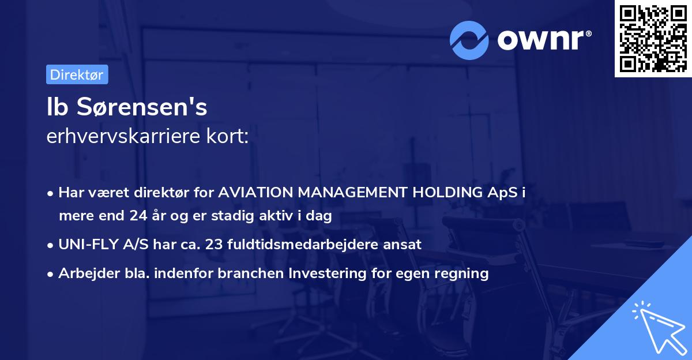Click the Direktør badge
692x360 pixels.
point(77,74)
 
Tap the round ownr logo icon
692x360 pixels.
point(470,40)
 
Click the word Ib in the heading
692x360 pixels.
point(55,107)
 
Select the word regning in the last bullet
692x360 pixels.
point(464,273)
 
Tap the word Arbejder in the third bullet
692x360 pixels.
point(84,273)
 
